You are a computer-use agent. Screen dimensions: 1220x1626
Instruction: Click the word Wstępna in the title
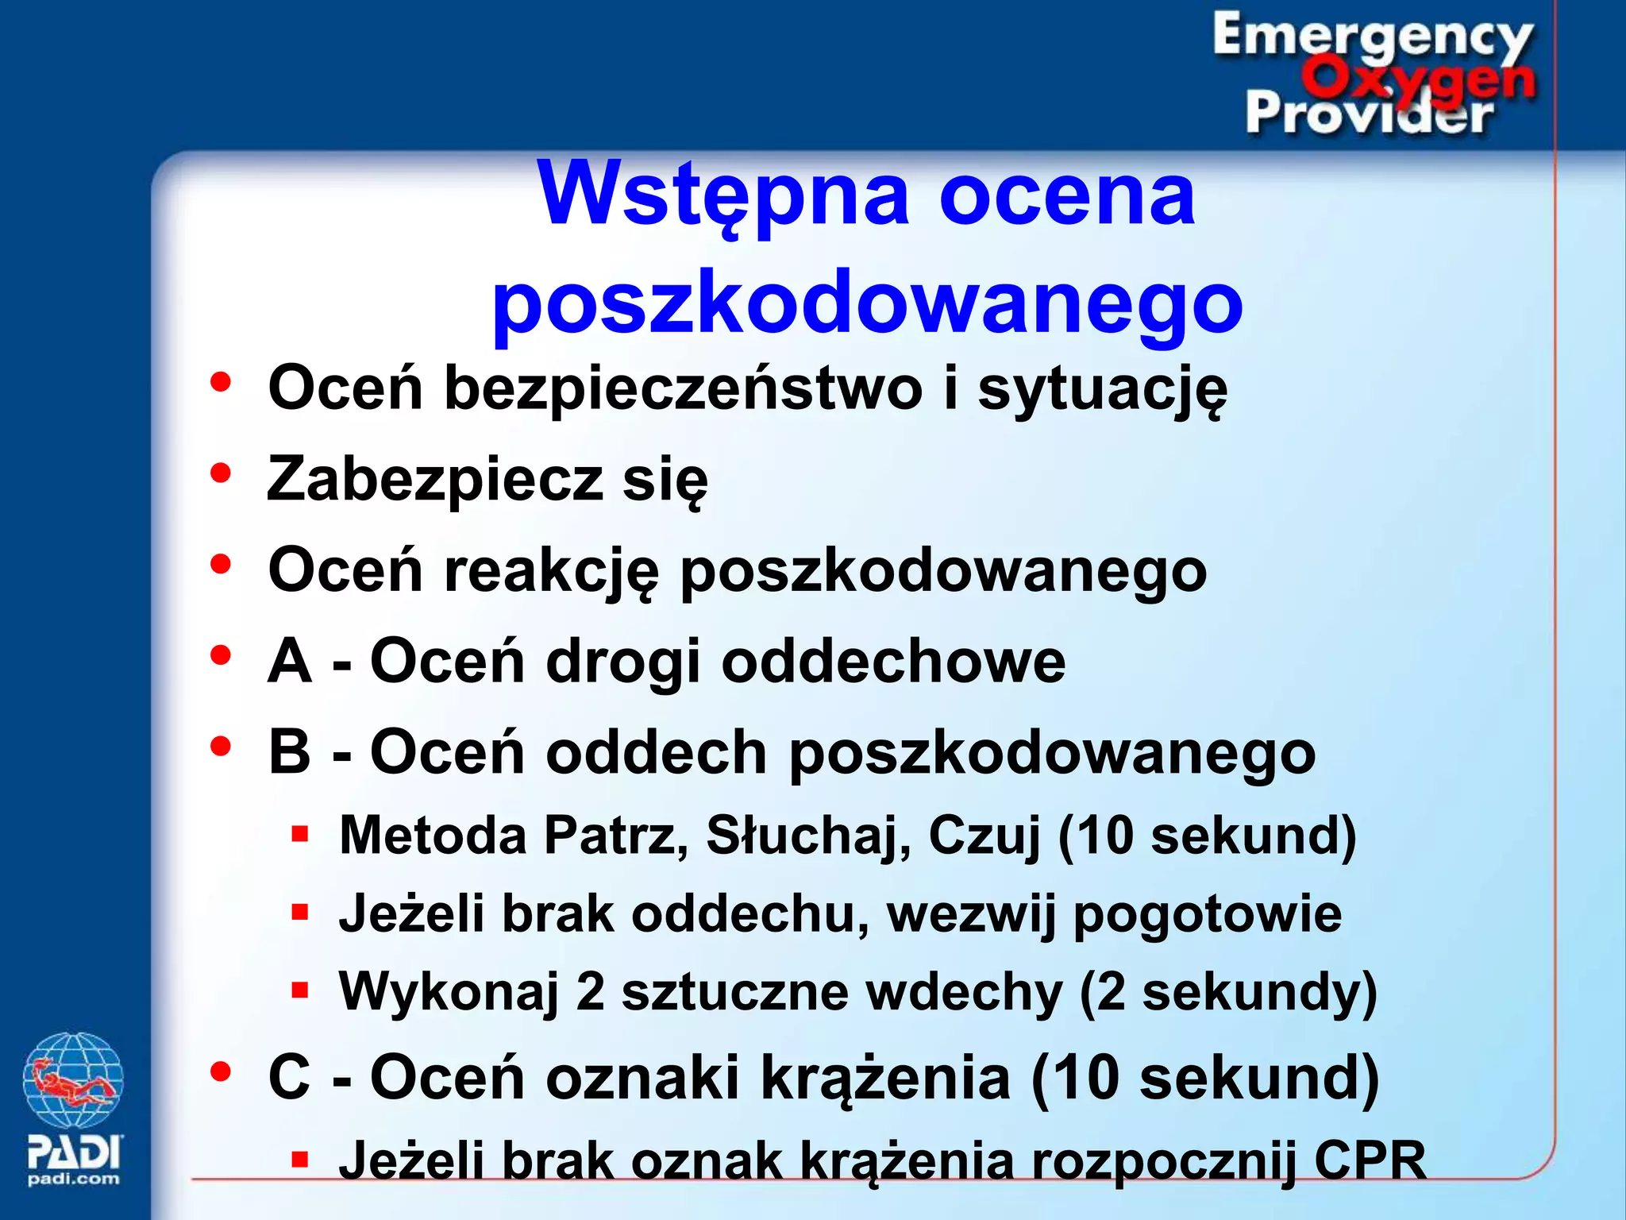coord(722,195)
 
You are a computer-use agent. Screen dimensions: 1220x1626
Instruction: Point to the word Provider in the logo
coord(1368,114)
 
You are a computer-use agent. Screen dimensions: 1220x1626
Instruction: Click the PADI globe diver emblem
coord(73,1080)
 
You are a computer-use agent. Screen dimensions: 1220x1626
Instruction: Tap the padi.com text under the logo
coord(73,1179)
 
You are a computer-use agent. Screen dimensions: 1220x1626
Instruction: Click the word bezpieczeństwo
coord(683,389)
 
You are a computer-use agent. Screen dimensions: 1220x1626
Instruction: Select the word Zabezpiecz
coord(434,480)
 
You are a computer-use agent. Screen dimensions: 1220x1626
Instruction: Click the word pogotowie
coord(1208,914)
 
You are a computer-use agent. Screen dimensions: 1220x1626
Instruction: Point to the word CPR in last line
coord(1370,1161)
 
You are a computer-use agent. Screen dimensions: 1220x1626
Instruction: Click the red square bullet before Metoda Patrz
coord(299,834)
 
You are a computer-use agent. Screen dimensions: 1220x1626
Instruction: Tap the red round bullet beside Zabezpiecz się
coord(220,473)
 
